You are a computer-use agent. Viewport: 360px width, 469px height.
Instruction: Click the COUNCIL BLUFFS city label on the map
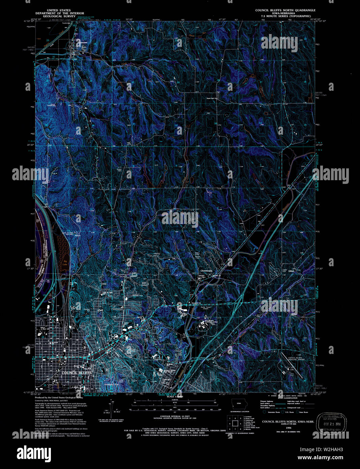click(77, 373)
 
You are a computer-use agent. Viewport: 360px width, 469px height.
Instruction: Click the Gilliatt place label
click(291, 271)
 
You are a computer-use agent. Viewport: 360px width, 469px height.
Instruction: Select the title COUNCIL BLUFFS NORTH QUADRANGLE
click(285, 10)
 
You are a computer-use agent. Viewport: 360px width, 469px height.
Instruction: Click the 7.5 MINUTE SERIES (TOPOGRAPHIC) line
click(285, 16)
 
